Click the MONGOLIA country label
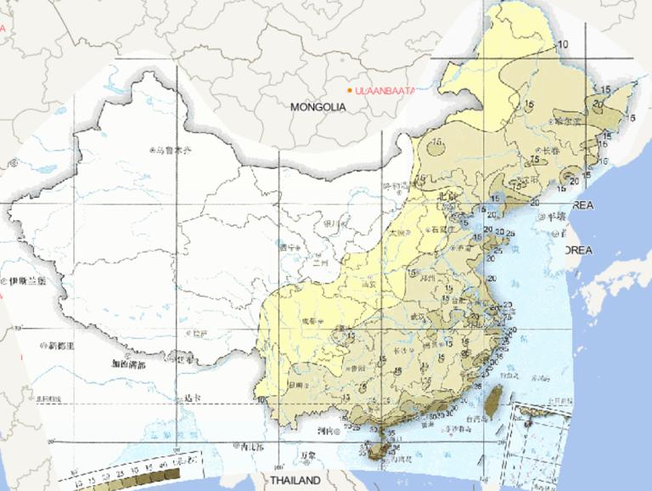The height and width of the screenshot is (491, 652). pyautogui.click(x=318, y=108)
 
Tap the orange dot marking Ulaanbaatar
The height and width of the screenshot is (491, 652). pyautogui.click(x=350, y=89)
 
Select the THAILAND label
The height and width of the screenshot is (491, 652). pyautogui.click(x=295, y=480)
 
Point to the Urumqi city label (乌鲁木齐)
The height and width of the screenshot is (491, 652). pyautogui.click(x=174, y=150)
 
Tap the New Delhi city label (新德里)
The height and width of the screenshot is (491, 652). pyautogui.click(x=61, y=346)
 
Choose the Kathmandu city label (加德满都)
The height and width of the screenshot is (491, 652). pyautogui.click(x=127, y=364)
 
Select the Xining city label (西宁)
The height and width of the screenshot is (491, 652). pyautogui.click(x=289, y=247)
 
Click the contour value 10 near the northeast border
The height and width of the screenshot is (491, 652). pyautogui.click(x=561, y=44)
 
